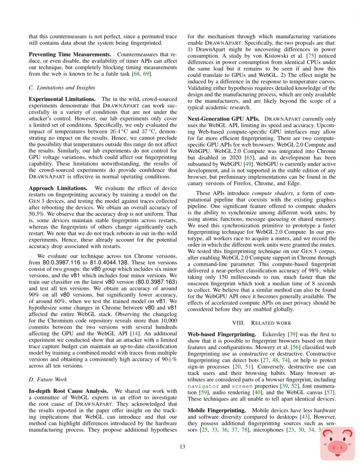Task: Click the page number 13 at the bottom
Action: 182,446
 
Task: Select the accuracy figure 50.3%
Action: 37,213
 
